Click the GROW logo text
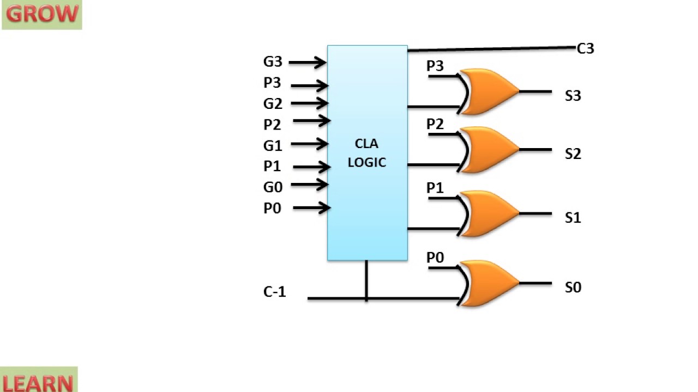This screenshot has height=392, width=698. tap(42, 14)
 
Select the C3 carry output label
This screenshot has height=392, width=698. tap(586, 48)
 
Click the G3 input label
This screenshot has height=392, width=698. tap(273, 62)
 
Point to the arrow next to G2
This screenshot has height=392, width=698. tap(309, 103)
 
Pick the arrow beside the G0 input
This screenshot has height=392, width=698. tap(309, 185)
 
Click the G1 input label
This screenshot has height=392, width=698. tap(273, 145)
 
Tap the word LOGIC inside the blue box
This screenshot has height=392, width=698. tap(367, 162)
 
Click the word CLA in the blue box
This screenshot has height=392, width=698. tap(366, 144)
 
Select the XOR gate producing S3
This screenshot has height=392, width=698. tap(488, 91)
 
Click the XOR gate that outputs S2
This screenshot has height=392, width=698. tap(488, 150)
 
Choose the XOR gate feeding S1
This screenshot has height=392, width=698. tap(488, 214)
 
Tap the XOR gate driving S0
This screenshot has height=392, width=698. tap(488, 284)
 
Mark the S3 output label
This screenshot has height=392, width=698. tap(573, 96)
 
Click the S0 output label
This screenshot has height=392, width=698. tap(573, 287)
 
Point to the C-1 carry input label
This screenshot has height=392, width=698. tap(274, 292)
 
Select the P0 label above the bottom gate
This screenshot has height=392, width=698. tap(435, 258)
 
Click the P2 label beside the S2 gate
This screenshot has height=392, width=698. tap(435, 124)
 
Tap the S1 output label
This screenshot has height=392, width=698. tap(573, 218)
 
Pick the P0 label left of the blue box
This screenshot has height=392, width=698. tap(272, 208)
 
